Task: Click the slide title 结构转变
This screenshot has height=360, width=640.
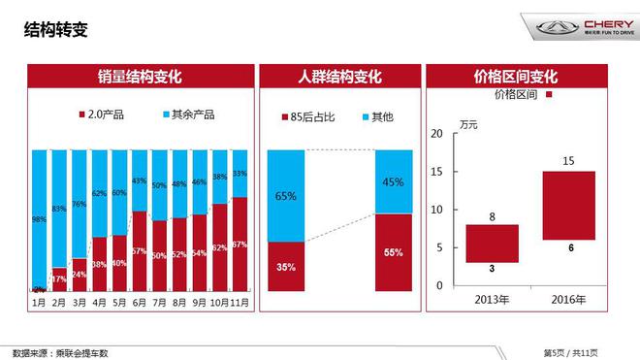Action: click(x=55, y=30)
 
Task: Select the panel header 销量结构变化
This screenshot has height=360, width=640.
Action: click(x=141, y=77)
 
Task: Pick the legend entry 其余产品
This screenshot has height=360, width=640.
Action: click(x=188, y=115)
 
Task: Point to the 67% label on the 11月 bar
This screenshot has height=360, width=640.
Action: click(x=240, y=245)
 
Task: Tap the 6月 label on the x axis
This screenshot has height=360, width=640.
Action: click(x=140, y=302)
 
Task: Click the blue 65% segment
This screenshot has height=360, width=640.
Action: click(x=286, y=196)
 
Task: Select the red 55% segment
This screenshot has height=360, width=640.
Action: click(x=394, y=252)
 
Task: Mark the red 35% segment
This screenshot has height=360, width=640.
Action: click(x=286, y=266)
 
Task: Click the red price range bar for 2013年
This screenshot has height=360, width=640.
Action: click(x=492, y=243)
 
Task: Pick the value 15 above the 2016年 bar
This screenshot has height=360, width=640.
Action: click(x=569, y=160)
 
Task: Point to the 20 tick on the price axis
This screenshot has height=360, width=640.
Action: click(x=436, y=133)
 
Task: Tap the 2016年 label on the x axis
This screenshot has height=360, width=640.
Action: click(x=569, y=298)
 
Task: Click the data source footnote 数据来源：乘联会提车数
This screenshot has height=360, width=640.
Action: click(x=60, y=352)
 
